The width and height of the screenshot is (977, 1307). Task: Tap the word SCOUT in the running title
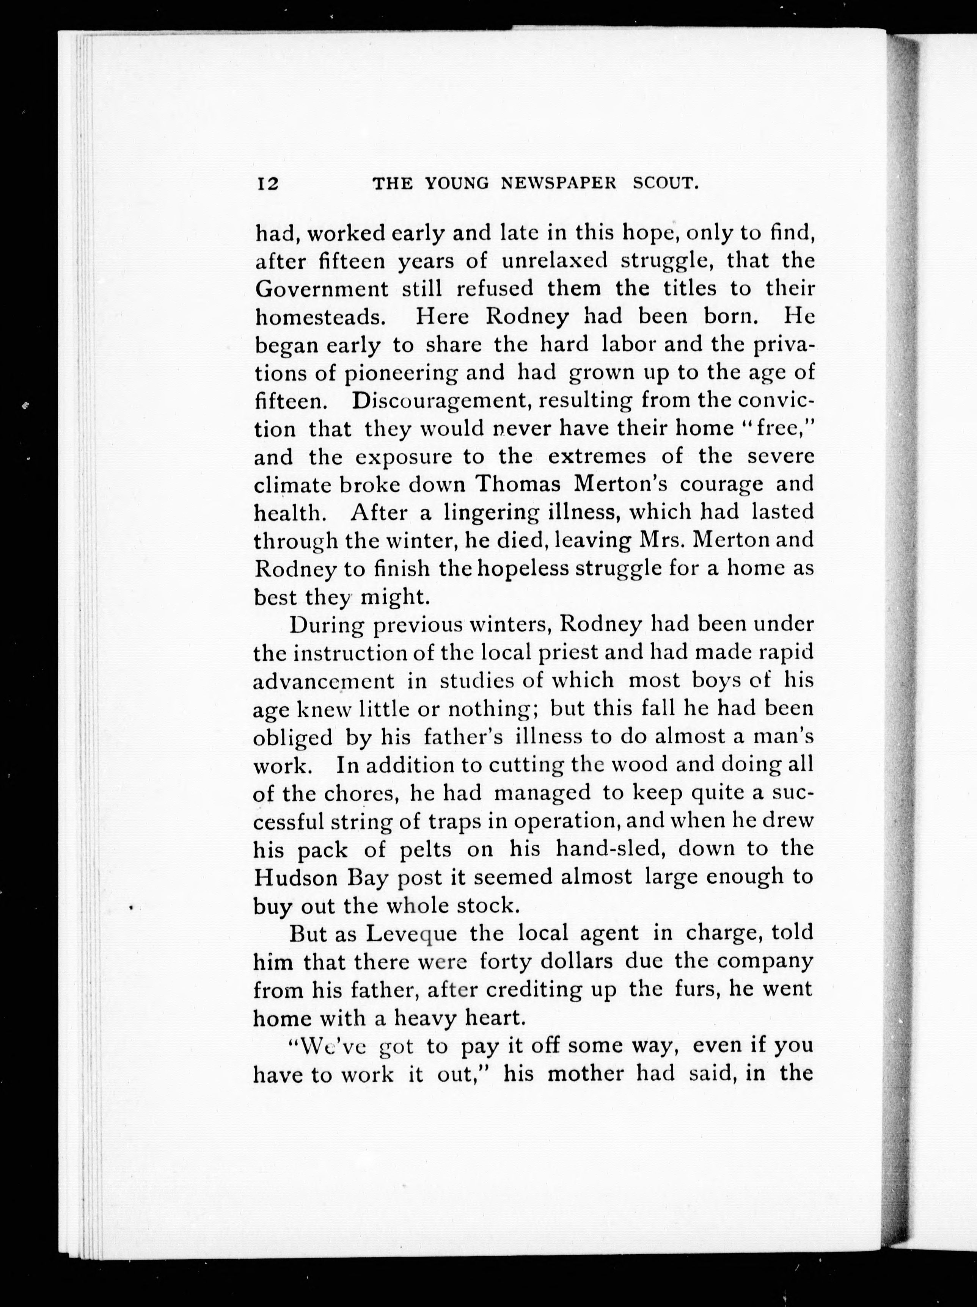(666, 184)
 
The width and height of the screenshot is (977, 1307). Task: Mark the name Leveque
(411, 934)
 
